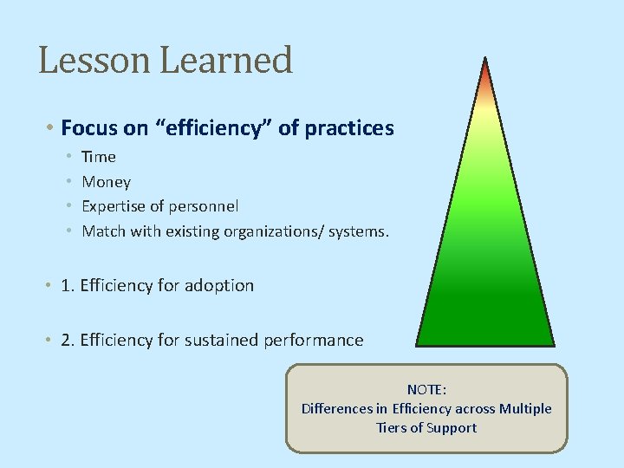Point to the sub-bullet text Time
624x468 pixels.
[99, 157]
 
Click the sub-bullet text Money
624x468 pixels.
[106, 182]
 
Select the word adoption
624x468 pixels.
[220, 286]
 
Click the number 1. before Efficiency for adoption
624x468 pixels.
[68, 286]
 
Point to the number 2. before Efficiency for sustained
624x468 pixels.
[68, 340]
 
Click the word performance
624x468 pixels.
[315, 340]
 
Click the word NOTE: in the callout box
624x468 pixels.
[426, 390]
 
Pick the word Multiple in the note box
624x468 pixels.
[525, 409]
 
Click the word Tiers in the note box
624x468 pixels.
[393, 428]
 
